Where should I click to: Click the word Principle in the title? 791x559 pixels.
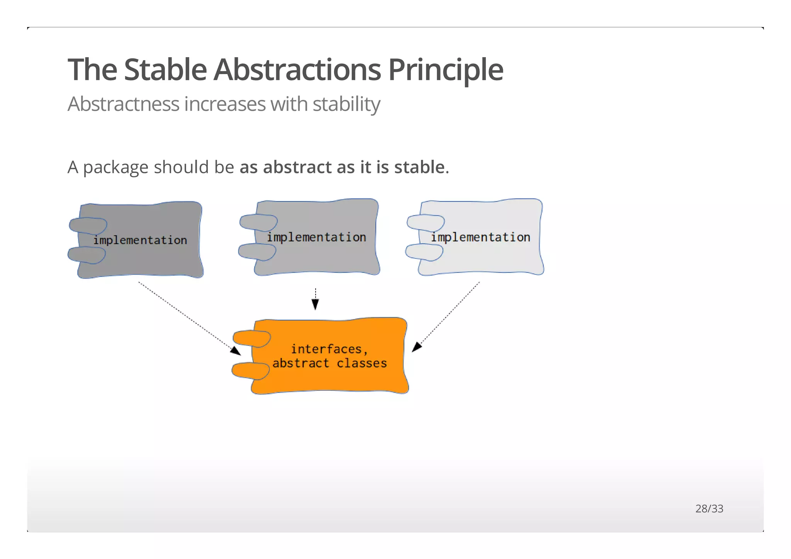[x=445, y=70]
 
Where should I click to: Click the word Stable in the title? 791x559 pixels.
[x=165, y=70]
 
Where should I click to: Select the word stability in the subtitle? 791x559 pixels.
[x=346, y=104]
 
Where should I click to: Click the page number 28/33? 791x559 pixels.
[x=709, y=508]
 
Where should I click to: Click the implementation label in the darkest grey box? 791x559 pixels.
[x=140, y=240]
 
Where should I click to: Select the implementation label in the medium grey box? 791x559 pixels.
[x=316, y=237]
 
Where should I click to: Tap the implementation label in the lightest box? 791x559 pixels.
[x=480, y=237]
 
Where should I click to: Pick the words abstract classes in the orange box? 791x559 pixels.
[x=329, y=363]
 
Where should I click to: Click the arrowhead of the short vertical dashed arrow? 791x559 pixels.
[x=315, y=305]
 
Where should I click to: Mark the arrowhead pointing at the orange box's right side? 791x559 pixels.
[x=416, y=347]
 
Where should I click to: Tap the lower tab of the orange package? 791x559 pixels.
[x=250, y=371]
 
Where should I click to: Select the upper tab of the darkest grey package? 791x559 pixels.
[x=88, y=225]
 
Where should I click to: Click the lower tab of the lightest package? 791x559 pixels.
[x=424, y=252]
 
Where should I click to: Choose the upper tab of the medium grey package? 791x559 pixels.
[x=258, y=222]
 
